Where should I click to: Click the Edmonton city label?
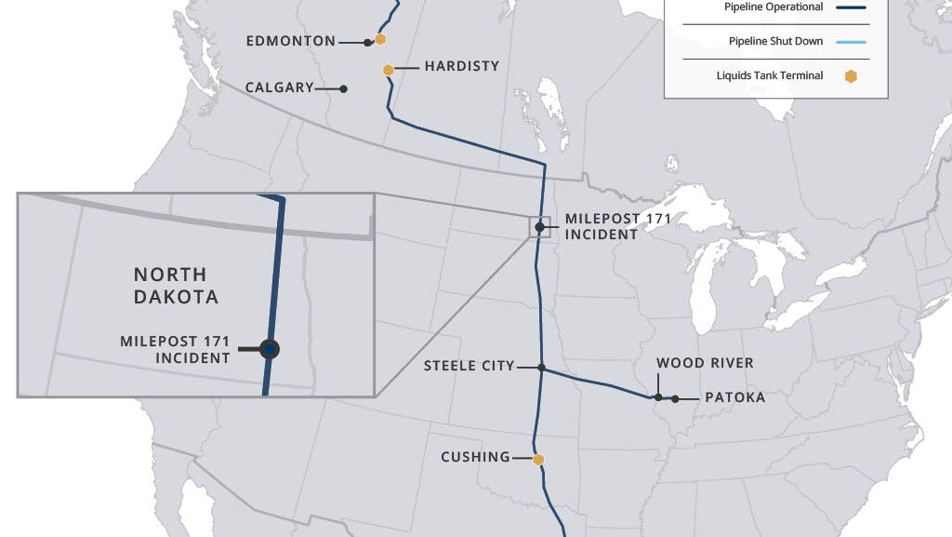click(x=290, y=41)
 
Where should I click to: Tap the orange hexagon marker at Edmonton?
click(x=380, y=39)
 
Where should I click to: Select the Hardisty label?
click(x=461, y=66)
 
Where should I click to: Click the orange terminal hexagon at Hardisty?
click(x=389, y=70)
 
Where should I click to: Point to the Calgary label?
click(x=279, y=87)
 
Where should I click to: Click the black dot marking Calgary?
click(x=344, y=88)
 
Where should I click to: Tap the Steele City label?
click(x=469, y=366)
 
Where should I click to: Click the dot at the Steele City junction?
click(x=541, y=367)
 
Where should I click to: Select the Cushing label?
click(x=475, y=457)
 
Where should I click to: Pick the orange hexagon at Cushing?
click(x=537, y=459)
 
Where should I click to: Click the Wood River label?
click(x=705, y=363)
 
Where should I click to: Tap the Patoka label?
click(x=734, y=397)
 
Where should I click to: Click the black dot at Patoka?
click(x=675, y=398)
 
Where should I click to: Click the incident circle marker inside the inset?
click(x=270, y=349)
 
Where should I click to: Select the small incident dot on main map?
click(x=539, y=226)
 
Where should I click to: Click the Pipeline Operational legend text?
click(x=773, y=7)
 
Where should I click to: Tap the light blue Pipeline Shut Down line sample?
click(x=851, y=42)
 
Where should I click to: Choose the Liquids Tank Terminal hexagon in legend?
click(x=850, y=76)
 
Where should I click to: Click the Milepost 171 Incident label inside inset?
click(x=175, y=349)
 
